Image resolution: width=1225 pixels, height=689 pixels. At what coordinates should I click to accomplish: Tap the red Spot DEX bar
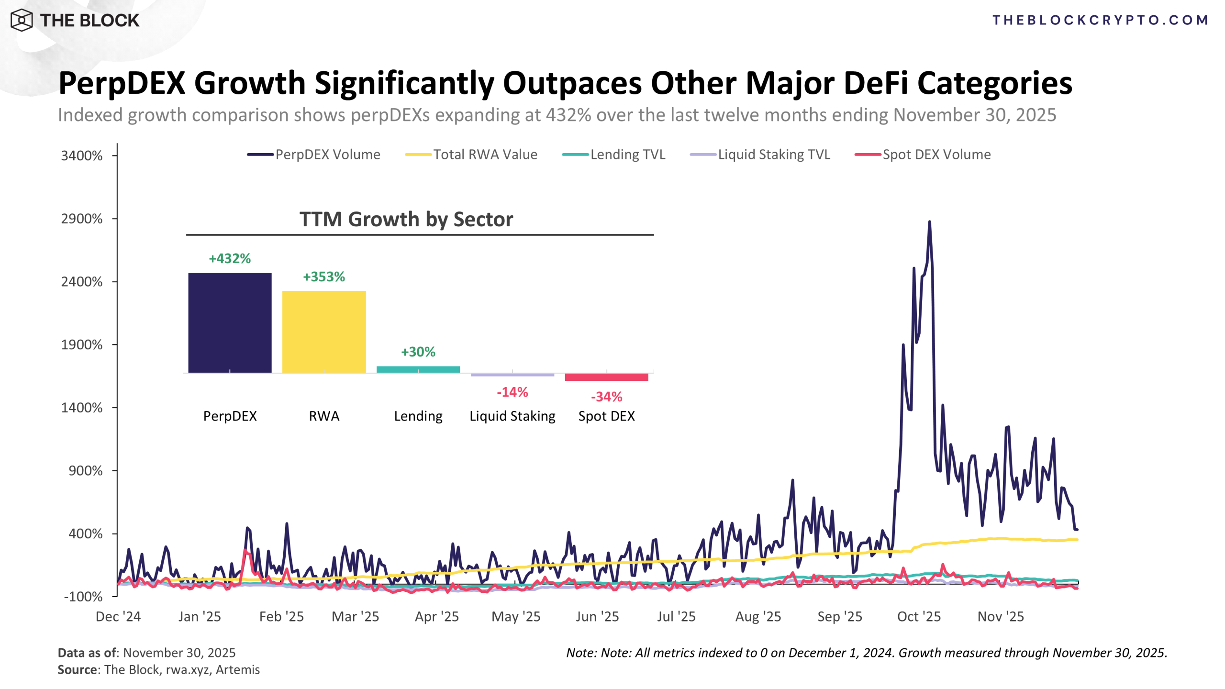click(x=606, y=377)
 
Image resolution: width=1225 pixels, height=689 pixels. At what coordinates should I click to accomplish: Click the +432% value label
click(x=230, y=258)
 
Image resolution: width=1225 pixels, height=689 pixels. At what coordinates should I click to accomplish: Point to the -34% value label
click(x=606, y=397)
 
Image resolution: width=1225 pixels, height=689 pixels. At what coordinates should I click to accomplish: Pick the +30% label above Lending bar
click(x=418, y=352)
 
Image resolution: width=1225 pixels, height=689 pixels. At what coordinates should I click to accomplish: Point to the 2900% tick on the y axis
click(x=82, y=219)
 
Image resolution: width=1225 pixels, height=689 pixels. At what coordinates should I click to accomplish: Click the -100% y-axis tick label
click(x=83, y=597)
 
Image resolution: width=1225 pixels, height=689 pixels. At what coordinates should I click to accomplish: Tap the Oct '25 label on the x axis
click(x=919, y=616)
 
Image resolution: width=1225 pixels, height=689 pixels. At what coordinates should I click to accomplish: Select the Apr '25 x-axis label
click(x=436, y=616)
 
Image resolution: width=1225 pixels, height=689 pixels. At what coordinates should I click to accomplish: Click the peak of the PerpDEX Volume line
click(x=929, y=222)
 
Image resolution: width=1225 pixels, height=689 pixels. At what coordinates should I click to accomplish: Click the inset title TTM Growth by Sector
click(x=406, y=219)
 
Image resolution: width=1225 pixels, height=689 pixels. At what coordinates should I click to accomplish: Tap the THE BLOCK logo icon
click(x=22, y=20)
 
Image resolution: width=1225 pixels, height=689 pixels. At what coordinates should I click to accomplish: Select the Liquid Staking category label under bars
click(x=512, y=416)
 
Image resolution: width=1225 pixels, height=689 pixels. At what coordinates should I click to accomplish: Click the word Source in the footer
click(x=77, y=669)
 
